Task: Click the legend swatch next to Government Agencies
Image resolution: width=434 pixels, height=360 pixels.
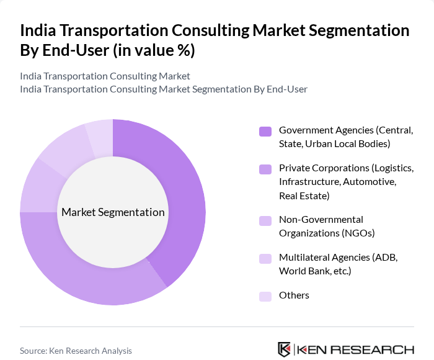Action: tap(265, 131)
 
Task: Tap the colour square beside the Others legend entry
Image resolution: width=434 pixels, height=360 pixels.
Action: tap(265, 296)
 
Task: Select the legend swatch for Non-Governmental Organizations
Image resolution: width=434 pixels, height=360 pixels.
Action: tap(265, 220)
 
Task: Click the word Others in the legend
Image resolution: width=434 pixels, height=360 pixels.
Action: tap(294, 295)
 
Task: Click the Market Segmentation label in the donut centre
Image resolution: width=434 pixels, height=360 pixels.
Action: tap(113, 212)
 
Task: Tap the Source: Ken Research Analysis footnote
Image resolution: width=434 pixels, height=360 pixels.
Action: tap(76, 351)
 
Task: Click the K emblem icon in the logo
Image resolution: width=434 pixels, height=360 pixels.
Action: tap(285, 349)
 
